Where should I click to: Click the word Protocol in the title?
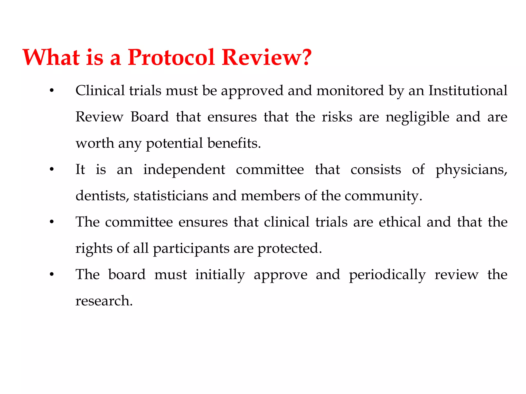171,57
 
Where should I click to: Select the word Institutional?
468,91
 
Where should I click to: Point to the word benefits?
234,143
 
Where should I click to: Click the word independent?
184,170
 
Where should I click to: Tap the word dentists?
102,196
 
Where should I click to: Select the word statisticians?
171,196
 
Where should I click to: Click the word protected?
289,249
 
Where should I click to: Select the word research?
104,301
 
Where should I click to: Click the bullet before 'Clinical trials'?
52,91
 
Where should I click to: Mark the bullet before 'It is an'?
52,170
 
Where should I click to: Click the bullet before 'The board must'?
52,275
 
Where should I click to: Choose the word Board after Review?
149,117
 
